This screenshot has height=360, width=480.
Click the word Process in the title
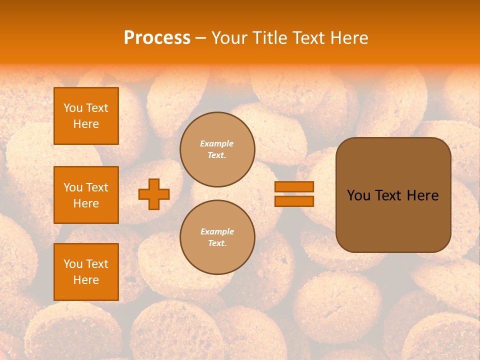point(157,38)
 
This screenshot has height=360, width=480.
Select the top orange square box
point(86,116)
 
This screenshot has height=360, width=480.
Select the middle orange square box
point(86,195)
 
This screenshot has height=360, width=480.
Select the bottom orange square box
point(86,272)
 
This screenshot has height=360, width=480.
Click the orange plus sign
point(154,194)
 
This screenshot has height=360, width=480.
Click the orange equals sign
point(294,194)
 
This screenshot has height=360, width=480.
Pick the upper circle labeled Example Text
point(217,149)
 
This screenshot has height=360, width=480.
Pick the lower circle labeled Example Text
point(217,237)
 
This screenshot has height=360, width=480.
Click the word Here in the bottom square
point(86,280)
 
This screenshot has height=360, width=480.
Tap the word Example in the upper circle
point(217,143)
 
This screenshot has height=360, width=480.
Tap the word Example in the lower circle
point(217,231)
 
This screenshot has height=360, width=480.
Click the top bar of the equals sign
point(294,187)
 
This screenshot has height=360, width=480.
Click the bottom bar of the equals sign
point(294,201)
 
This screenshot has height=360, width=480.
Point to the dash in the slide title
point(200,38)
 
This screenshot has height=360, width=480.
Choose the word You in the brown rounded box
point(358,195)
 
